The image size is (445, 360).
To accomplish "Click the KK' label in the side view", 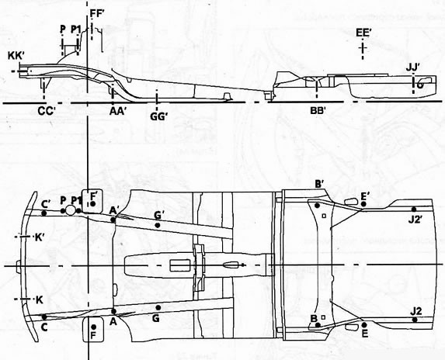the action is [16, 56].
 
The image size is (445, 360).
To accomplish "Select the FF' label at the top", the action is [98, 14].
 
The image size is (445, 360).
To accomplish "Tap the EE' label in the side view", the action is [363, 33].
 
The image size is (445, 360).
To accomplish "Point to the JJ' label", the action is [413, 68].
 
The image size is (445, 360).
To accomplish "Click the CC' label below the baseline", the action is [47, 112].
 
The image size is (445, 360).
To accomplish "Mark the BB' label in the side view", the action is [318, 110].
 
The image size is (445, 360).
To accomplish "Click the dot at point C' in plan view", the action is [44, 213].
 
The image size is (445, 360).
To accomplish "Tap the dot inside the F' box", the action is [92, 204].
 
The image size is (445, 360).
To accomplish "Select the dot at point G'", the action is [158, 225].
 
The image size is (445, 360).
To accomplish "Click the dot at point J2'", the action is [414, 209].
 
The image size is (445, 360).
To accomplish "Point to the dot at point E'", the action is [363, 204].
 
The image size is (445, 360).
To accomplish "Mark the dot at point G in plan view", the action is [158, 307].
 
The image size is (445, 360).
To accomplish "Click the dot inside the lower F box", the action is [94, 327].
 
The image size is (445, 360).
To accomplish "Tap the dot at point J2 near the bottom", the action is [415, 320].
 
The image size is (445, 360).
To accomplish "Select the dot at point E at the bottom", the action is [365, 325].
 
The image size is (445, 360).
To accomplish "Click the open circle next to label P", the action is [71, 210].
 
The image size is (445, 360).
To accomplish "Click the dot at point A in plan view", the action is [114, 312].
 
